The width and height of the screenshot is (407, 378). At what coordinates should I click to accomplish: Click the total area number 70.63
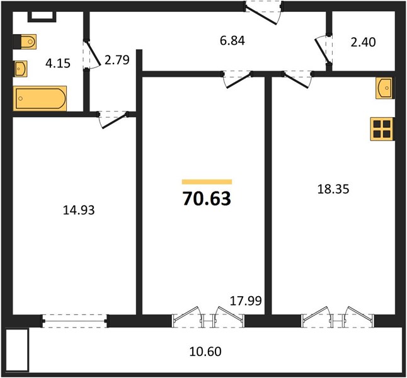click(x=207, y=198)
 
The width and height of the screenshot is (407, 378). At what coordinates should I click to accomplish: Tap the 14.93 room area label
click(x=79, y=210)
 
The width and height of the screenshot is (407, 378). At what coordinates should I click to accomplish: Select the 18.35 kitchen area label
click(x=333, y=189)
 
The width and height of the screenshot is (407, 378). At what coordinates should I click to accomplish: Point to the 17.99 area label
click(x=246, y=301)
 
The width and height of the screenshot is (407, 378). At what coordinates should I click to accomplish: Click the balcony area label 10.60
click(x=205, y=352)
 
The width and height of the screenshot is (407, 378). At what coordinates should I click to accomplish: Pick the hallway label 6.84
click(x=232, y=41)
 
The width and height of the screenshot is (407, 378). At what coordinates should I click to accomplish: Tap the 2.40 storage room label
click(x=363, y=42)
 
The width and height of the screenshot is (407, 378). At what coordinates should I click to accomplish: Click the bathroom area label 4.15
click(x=58, y=63)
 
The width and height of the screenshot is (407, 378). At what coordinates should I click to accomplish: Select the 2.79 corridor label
click(x=117, y=60)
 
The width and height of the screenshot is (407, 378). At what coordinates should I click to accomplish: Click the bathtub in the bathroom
click(x=40, y=98)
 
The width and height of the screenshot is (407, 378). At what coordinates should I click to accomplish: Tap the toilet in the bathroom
click(x=25, y=42)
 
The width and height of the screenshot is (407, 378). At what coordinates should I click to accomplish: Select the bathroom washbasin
click(x=20, y=69)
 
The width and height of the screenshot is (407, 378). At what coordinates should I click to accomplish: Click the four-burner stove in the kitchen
click(x=382, y=129)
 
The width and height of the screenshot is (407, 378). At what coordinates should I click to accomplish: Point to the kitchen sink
click(x=384, y=88)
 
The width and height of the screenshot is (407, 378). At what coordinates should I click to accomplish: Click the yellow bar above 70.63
click(x=207, y=181)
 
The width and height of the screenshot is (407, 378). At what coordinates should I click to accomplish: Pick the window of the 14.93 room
click(x=75, y=321)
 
